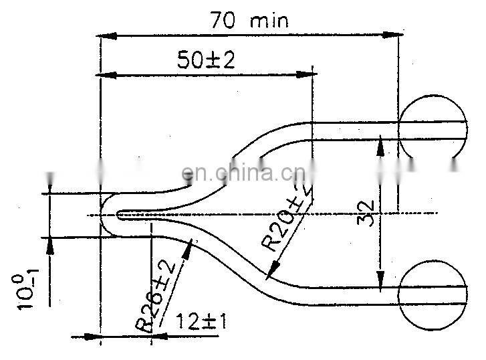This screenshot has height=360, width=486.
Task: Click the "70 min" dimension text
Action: tap(249, 20)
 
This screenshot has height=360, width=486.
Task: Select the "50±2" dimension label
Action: tap(207, 61)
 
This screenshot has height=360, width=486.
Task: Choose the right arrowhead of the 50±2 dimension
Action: tap(308, 75)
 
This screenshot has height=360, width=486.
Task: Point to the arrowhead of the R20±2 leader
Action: tap(271, 273)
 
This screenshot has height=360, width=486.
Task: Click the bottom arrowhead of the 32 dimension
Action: tap(381, 282)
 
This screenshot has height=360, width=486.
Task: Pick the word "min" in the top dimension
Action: tap(269, 20)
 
